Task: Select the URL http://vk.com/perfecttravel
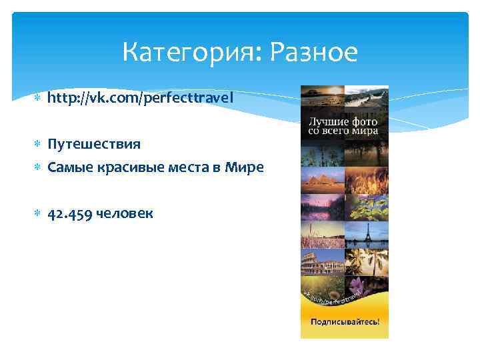(x=141, y=99)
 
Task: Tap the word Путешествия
(x=94, y=144)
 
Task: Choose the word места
(x=192, y=168)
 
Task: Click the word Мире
(x=244, y=168)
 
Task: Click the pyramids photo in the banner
(x=322, y=178)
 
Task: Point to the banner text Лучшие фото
(x=343, y=122)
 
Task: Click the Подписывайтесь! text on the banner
(x=345, y=321)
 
